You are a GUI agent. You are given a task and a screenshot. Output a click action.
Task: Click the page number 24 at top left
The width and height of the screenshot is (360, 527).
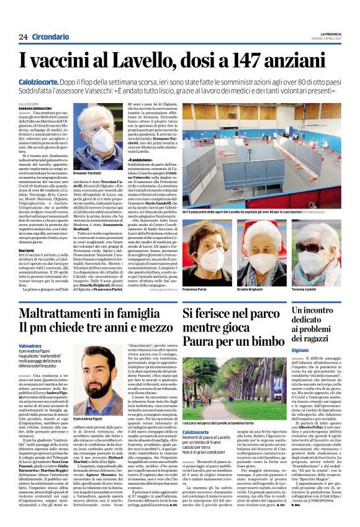click(x=23, y=37)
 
